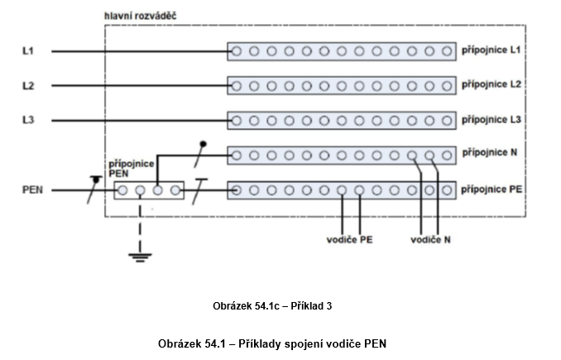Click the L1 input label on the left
pos(27,51)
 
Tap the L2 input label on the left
pos(27,85)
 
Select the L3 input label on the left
pos(27,120)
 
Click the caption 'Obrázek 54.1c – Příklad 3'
pos(272,306)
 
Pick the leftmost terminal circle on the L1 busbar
pos(236,51)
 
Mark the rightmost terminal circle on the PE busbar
pos(448,190)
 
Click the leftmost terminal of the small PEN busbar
pos(122,190)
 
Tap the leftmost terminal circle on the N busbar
pos(236,155)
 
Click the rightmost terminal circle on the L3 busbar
pos(448,120)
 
